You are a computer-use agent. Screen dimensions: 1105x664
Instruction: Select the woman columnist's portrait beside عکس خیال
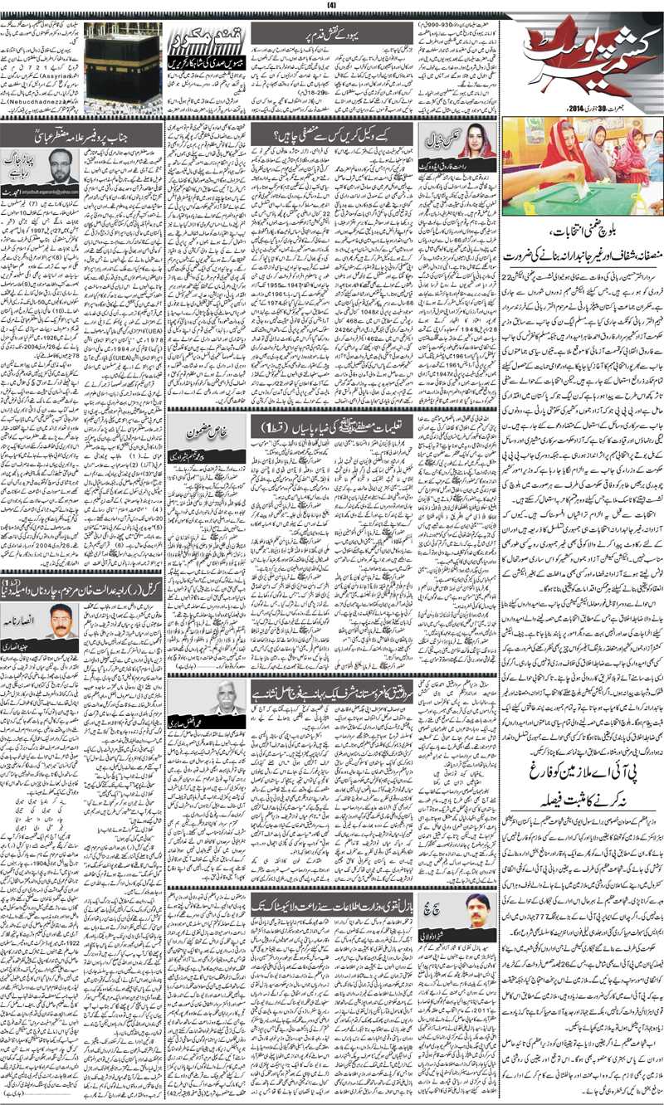pos(476,142)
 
